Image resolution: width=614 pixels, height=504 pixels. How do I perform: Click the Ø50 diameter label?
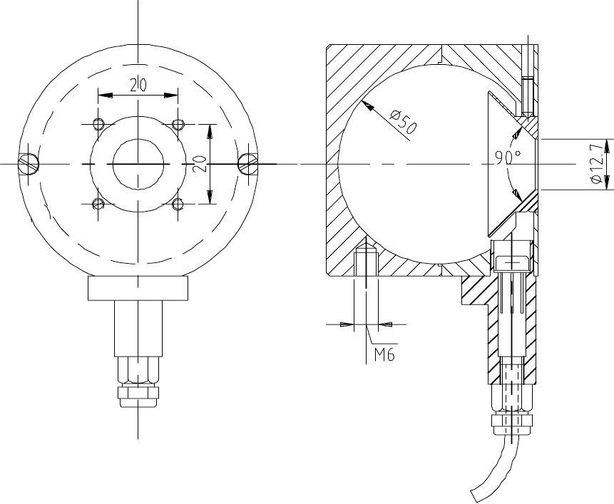click(404, 121)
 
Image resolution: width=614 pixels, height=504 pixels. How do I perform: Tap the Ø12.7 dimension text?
click(597, 163)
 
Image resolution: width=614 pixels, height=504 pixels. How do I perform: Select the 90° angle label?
click(508, 157)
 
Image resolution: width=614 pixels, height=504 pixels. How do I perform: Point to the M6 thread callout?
click(384, 354)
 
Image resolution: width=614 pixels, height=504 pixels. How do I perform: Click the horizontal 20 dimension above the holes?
click(138, 85)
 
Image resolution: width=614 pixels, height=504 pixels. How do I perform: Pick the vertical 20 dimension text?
click(200, 164)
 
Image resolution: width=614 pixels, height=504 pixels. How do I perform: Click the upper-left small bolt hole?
click(98, 124)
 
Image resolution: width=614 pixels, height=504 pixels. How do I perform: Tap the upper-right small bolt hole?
click(178, 125)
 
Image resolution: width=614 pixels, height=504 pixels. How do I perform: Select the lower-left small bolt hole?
click(98, 203)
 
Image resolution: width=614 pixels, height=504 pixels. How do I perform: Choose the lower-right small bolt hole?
click(178, 203)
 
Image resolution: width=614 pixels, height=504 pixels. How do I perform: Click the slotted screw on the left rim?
click(29, 163)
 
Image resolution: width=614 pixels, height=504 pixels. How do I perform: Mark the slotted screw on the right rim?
click(248, 163)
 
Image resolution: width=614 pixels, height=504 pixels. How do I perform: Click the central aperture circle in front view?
click(138, 165)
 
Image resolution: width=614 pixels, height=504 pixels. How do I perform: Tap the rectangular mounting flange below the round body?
click(138, 288)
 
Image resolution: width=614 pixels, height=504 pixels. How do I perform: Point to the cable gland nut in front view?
click(138, 397)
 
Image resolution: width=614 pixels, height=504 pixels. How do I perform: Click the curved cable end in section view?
click(495, 470)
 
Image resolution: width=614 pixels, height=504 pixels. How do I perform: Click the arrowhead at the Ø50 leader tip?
click(367, 106)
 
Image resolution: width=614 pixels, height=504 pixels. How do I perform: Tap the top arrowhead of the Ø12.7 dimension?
click(608, 145)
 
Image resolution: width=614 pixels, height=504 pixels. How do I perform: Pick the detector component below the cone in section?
click(513, 256)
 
